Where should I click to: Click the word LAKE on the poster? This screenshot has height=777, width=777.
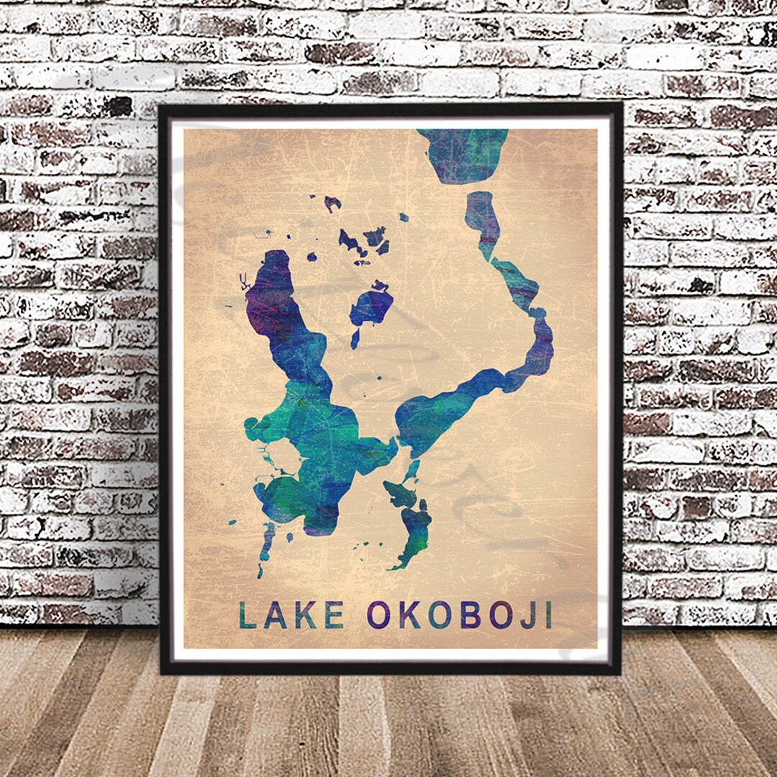tap(291, 615)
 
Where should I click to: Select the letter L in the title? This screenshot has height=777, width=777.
tap(247, 615)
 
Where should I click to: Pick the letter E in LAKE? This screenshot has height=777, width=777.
tap(334, 615)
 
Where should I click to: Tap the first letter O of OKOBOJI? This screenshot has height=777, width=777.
tap(378, 615)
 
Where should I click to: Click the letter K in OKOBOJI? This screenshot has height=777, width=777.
tap(409, 615)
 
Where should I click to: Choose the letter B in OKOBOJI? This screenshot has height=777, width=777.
tap(471, 615)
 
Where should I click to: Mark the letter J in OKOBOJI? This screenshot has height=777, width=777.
tap(527, 615)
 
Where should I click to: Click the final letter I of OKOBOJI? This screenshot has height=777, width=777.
tap(548, 615)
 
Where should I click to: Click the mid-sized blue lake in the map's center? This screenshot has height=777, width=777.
tap(371, 306)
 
